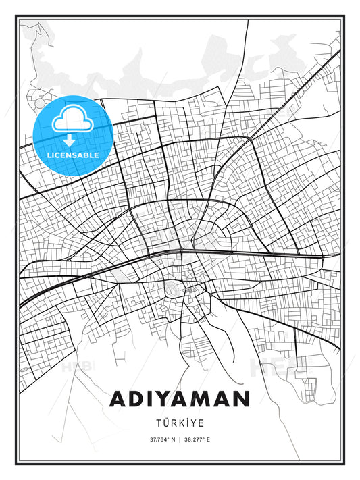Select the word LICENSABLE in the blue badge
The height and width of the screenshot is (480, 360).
click(72, 155)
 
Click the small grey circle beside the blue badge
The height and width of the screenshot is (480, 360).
click(40, 105)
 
